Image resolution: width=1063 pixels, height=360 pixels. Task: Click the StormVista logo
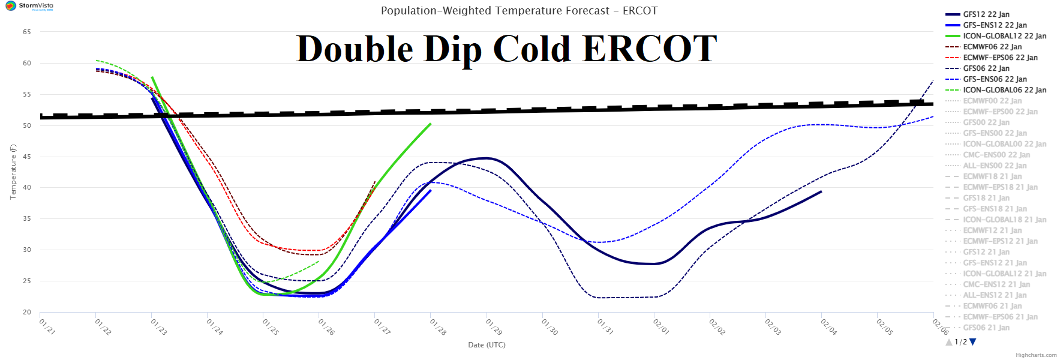(x=29, y=6)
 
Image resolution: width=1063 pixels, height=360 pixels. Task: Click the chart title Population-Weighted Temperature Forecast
(x=519, y=11)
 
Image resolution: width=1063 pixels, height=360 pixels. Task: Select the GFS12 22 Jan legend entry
(x=986, y=14)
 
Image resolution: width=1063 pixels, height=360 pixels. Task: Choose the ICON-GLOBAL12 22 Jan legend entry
(x=1004, y=36)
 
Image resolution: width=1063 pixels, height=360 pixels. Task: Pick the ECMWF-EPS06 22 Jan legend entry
(x=1000, y=58)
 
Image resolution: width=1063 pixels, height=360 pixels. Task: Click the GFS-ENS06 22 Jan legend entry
(x=995, y=79)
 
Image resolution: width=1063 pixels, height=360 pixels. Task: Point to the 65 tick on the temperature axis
(x=26, y=32)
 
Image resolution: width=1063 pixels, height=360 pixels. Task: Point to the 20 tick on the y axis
(x=26, y=312)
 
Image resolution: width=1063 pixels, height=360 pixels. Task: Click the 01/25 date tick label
(x=271, y=327)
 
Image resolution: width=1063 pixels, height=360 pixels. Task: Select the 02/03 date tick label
(x=773, y=327)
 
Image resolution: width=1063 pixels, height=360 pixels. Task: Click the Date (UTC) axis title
(x=487, y=345)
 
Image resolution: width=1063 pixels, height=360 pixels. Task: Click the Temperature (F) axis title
(x=13, y=172)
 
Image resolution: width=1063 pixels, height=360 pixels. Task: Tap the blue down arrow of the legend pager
(x=973, y=342)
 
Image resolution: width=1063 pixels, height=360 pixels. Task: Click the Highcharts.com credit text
(x=1036, y=355)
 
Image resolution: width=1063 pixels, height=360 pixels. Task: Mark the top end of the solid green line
(x=430, y=124)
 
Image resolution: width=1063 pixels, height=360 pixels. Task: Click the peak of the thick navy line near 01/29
(x=487, y=158)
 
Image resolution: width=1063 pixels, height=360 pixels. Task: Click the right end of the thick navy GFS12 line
(x=821, y=191)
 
